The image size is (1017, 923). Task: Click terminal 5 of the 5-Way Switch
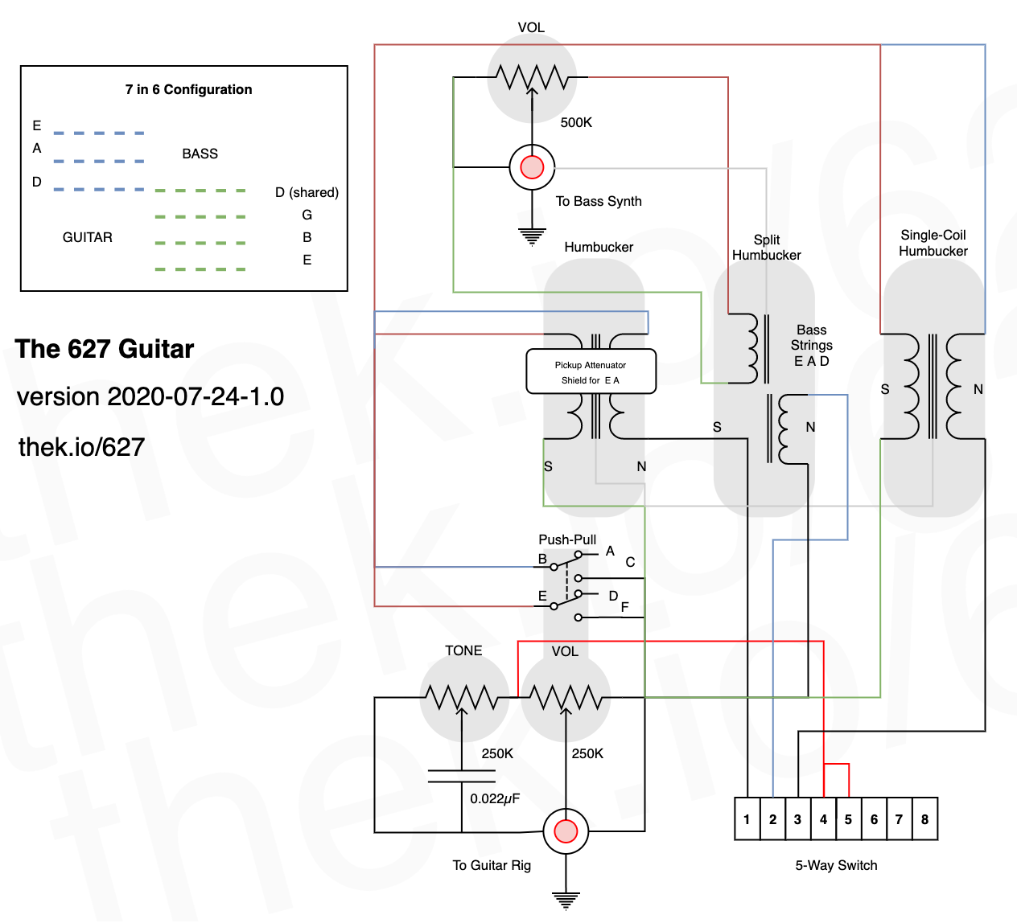pyautogui.click(x=848, y=818)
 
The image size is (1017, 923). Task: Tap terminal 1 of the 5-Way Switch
pyautogui.click(x=747, y=818)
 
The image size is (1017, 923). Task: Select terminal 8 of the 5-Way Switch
pyautogui.click(x=924, y=818)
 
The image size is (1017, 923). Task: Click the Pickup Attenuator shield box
pyautogui.click(x=591, y=371)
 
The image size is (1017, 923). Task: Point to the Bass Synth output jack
pyautogui.click(x=532, y=167)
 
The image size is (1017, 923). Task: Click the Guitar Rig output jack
pyautogui.click(x=566, y=831)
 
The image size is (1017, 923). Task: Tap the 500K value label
pyautogui.click(x=576, y=122)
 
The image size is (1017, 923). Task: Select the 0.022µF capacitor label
pyautogui.click(x=495, y=799)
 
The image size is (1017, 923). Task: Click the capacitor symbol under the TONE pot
pyautogui.click(x=461, y=776)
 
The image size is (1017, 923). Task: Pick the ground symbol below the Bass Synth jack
pyautogui.click(x=532, y=236)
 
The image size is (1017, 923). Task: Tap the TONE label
pyautogui.click(x=463, y=651)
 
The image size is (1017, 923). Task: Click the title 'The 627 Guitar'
pyautogui.click(x=105, y=348)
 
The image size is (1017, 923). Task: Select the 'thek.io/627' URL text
pyautogui.click(x=81, y=447)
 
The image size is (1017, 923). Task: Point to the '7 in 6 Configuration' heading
pyautogui.click(x=188, y=90)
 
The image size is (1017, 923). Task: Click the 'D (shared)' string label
pyautogui.click(x=307, y=192)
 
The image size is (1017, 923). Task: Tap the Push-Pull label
pyautogui.click(x=566, y=539)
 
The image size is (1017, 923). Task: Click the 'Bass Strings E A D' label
pyautogui.click(x=811, y=346)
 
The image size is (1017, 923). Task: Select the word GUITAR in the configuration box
pyautogui.click(x=87, y=238)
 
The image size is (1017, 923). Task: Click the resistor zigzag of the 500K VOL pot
pyautogui.click(x=532, y=77)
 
